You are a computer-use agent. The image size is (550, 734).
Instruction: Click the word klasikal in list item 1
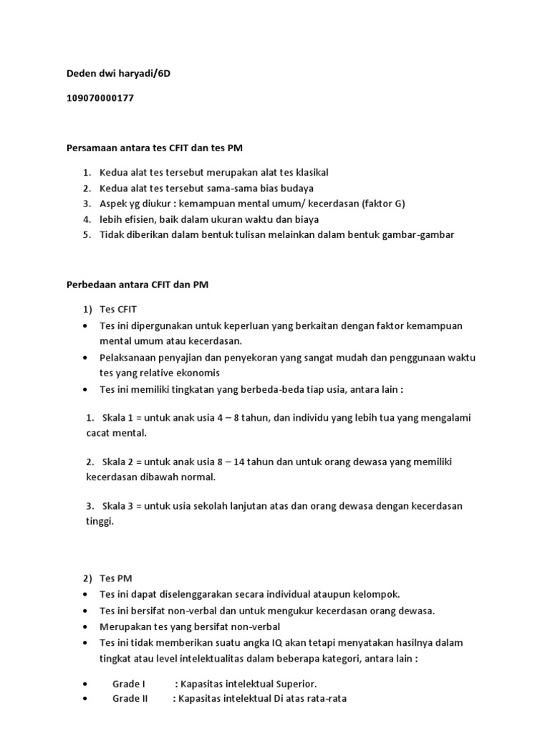(309, 173)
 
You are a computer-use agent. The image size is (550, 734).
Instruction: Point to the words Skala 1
(118, 418)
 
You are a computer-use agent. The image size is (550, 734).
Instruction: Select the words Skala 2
(118, 462)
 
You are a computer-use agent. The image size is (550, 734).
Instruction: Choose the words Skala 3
(118, 505)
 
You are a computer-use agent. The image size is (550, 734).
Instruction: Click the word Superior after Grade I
(294, 684)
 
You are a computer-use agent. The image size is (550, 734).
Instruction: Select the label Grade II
(130, 698)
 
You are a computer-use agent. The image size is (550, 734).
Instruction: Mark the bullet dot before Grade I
(86, 684)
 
